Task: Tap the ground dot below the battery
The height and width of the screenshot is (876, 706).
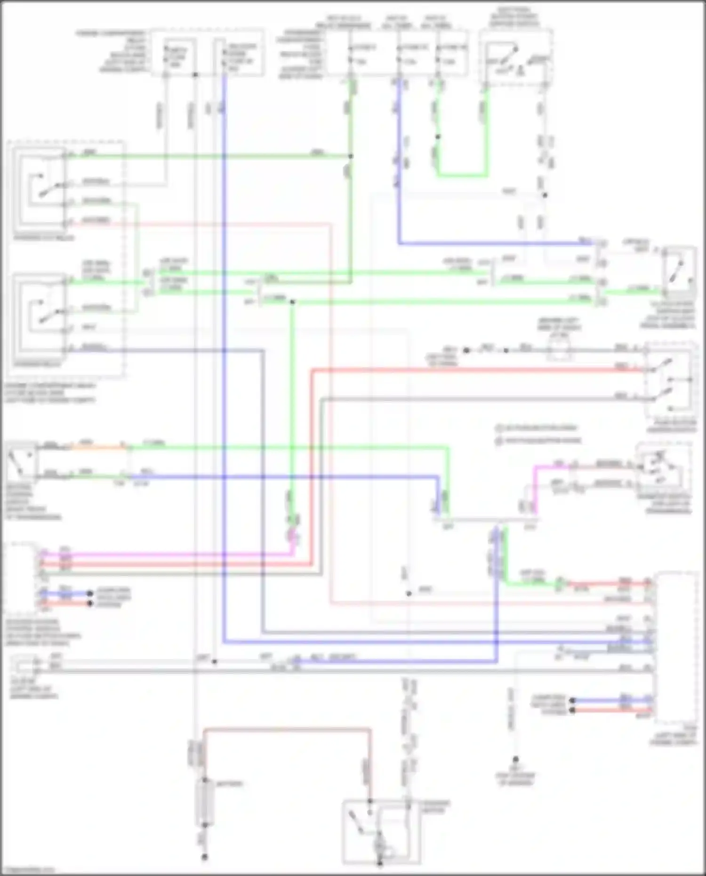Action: coord(205,857)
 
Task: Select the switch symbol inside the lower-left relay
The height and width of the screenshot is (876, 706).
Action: coord(47,313)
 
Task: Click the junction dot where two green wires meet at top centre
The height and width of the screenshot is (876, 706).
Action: coord(351,156)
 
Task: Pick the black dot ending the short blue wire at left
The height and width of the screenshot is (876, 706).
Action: coord(90,594)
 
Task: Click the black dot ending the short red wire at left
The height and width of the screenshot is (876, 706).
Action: coord(90,603)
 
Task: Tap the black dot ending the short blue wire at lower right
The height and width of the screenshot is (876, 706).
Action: coord(572,700)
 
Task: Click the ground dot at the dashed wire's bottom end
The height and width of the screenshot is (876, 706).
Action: coord(516,759)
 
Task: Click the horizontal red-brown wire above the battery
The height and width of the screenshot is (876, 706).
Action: coord(287,730)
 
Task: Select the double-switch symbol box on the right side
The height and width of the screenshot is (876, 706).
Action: coord(668,379)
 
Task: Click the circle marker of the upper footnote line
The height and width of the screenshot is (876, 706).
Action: coord(498,428)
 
